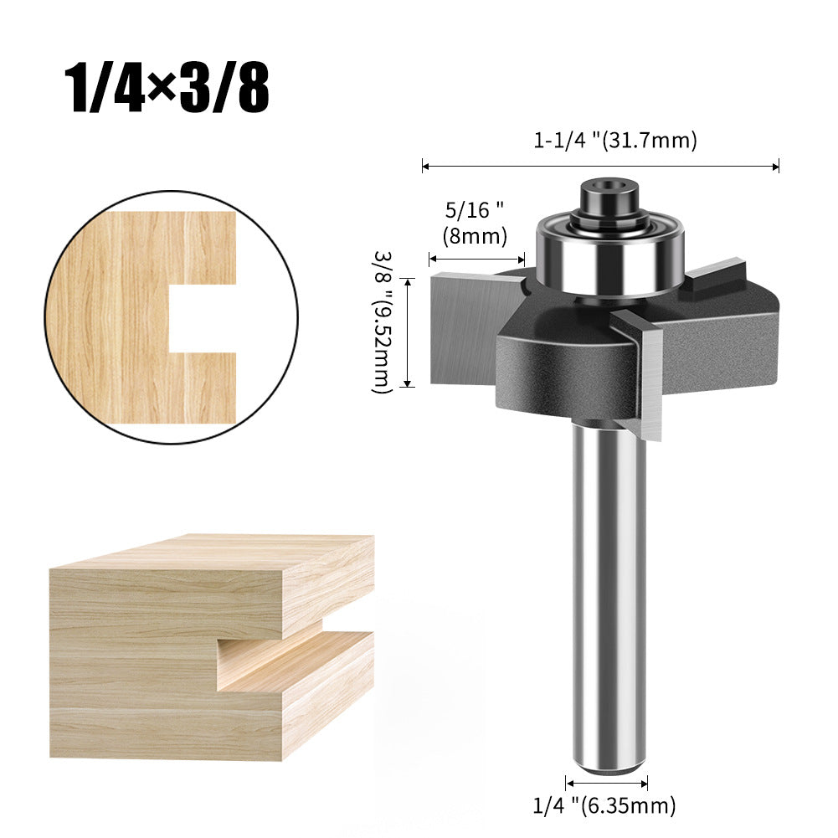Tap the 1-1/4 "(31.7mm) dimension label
pos(614,141)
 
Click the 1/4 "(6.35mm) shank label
pos(604,805)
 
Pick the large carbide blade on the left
pos(469,326)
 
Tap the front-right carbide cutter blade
pos(650,377)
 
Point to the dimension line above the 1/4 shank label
pos(606,784)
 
